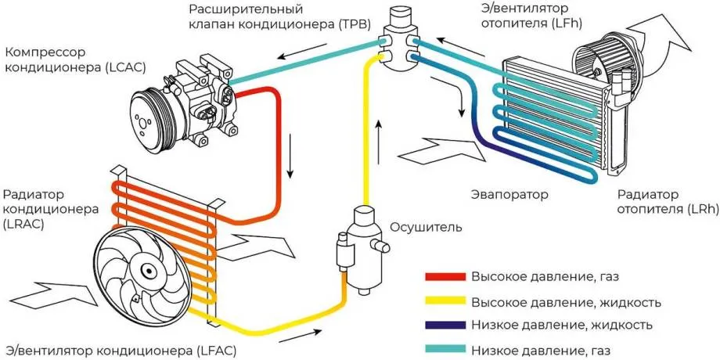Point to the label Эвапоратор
pos(509,193)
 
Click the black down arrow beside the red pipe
pos(292,154)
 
